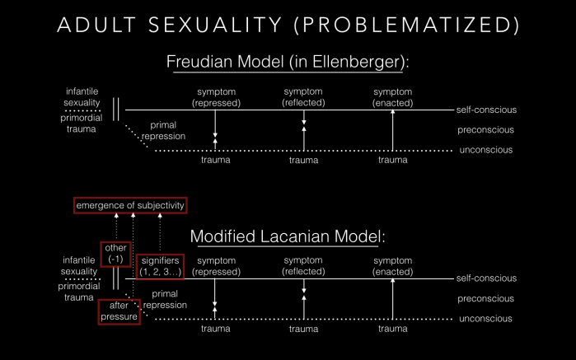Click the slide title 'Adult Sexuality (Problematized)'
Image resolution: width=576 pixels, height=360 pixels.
(288, 25)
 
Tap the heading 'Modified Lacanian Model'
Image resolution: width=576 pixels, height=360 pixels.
(288, 236)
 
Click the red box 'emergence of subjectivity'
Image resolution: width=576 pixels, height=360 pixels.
(130, 205)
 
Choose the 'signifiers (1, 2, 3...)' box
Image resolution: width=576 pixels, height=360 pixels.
(159, 266)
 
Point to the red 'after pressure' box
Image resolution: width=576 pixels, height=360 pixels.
(118, 311)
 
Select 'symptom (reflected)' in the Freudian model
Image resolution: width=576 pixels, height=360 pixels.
(304, 96)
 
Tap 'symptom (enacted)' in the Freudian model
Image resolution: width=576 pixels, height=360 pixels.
(392, 96)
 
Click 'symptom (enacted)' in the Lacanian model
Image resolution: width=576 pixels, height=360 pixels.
(392, 266)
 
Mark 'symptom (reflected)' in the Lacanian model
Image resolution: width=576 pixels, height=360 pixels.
(304, 266)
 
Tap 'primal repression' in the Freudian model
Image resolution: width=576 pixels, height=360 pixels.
(164, 131)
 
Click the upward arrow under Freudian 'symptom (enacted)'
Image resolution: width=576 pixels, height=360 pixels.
(392, 130)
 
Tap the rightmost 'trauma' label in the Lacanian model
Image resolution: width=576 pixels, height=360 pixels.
(392, 329)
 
